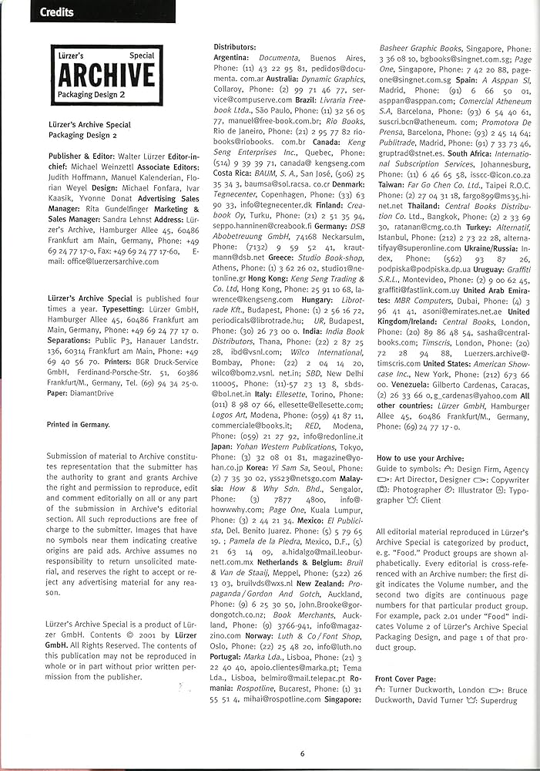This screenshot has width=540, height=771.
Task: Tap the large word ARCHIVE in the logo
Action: tap(106, 75)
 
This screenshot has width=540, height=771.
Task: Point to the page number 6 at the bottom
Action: tap(303, 753)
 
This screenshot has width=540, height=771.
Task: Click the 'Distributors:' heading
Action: tap(235, 47)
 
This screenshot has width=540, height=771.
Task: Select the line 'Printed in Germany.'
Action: tap(78, 424)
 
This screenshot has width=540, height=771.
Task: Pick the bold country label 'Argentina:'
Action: tap(231, 58)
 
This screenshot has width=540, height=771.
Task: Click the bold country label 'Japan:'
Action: tap(225, 446)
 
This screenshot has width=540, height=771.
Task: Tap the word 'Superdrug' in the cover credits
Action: tap(498, 699)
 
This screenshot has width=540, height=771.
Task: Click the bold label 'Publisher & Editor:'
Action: tap(81, 156)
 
